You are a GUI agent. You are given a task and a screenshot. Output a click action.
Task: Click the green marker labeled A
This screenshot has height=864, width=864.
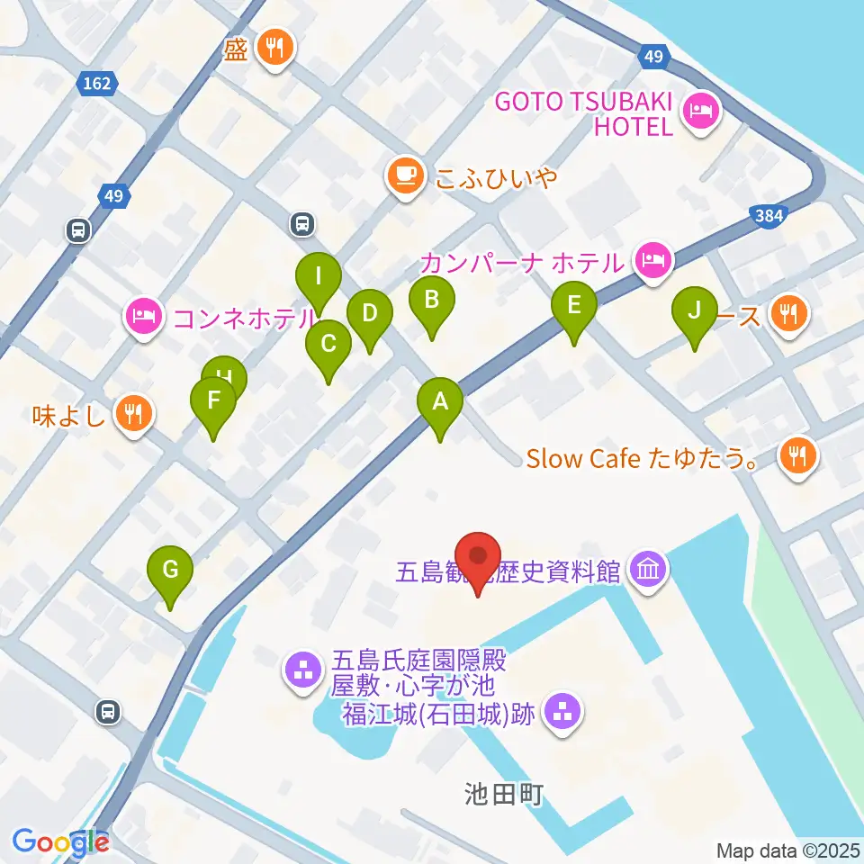coord(440,403)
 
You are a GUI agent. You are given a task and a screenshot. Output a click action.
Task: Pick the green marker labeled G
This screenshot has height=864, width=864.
coord(170,571)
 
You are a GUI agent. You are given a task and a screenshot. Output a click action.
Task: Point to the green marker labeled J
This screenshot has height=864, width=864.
coord(694,311)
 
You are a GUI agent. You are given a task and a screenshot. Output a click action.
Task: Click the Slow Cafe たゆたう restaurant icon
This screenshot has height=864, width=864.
coord(797,457)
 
